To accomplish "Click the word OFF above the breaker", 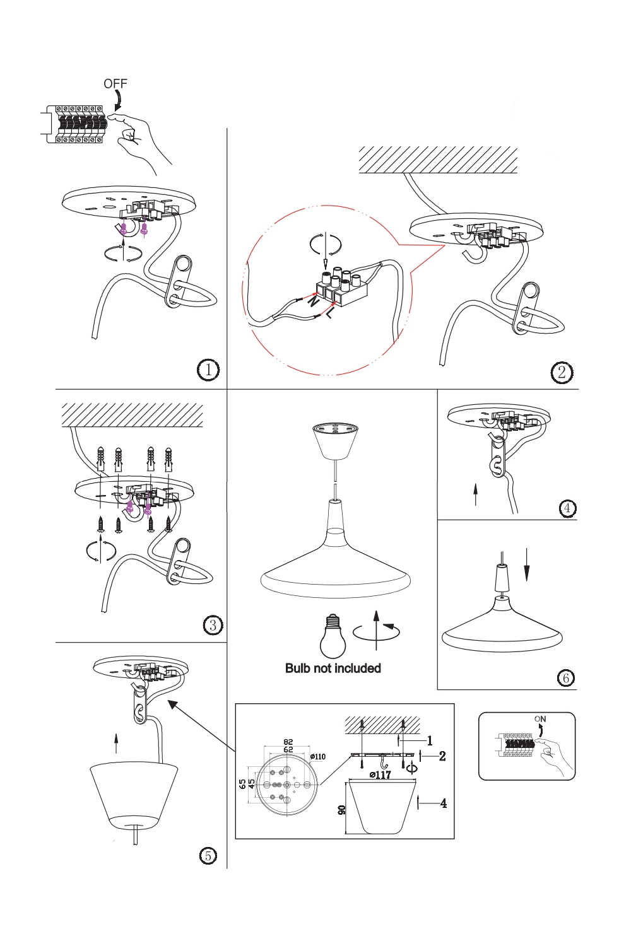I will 115,83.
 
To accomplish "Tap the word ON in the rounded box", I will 540,719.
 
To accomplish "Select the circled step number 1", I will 208,370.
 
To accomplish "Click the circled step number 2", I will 562,372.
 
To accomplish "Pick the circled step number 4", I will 568,508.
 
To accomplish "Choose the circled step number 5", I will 208,855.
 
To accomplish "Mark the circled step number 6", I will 565,678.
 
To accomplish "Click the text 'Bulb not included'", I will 333,669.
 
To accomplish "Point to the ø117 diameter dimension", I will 380,774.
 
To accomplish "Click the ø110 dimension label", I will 317,756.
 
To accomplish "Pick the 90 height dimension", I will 341,809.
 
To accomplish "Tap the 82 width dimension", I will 288,742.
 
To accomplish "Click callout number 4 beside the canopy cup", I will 444,803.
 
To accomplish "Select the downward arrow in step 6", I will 527,565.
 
